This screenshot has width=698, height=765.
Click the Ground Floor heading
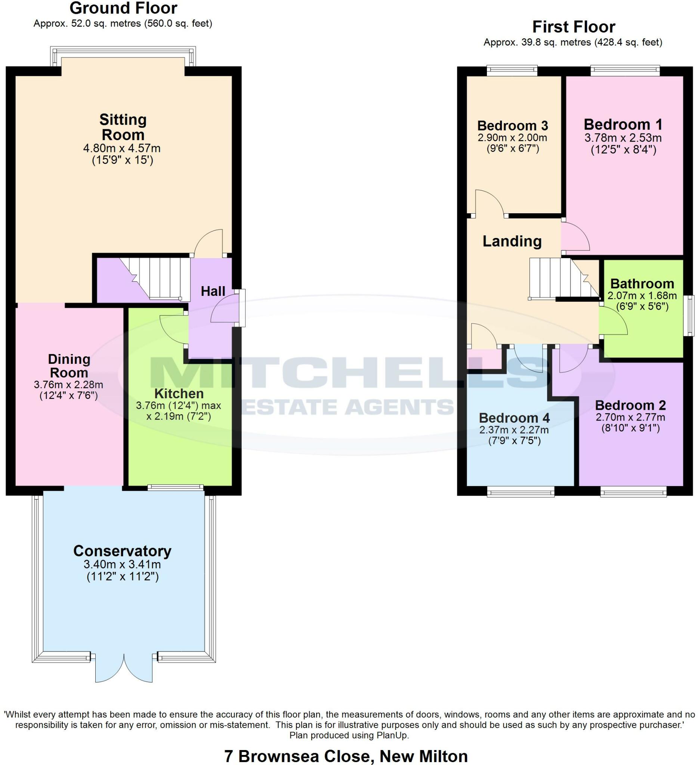point(123,8)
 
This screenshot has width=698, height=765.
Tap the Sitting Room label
point(123,127)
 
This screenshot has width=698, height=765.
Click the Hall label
point(213,291)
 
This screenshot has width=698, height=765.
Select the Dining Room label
point(69,366)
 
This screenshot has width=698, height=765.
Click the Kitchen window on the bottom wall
point(176,487)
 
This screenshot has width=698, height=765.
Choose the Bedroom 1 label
point(623,124)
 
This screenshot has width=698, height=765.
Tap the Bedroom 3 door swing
point(489,203)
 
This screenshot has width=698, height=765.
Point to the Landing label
point(512,241)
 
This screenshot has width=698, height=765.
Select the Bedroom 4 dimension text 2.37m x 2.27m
point(514,430)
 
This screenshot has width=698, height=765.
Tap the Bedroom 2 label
point(630,405)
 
